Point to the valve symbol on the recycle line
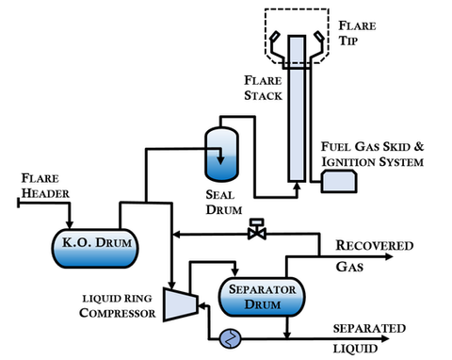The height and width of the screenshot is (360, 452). (x=254, y=231)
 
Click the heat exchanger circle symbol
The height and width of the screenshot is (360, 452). (x=226, y=337)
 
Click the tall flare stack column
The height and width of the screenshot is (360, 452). (x=295, y=113)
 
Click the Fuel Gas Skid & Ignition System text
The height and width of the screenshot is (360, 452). (x=372, y=155)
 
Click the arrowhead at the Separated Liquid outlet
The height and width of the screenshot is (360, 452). (x=326, y=336)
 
